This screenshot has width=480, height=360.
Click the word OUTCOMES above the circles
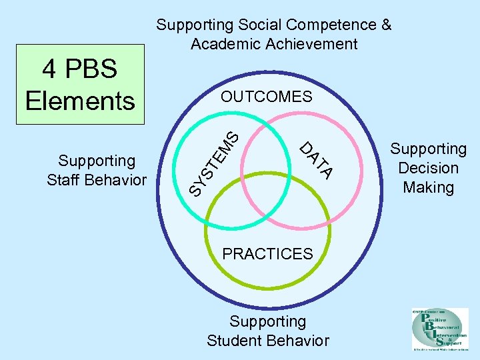(x=267, y=97)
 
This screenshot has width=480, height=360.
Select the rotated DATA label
(x=316, y=161)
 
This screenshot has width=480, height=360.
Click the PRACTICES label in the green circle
(x=267, y=254)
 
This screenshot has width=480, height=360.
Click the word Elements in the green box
(x=80, y=101)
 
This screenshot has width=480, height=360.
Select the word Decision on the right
(x=428, y=168)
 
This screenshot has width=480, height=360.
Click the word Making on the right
(x=428, y=187)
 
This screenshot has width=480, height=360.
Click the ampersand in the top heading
(x=385, y=25)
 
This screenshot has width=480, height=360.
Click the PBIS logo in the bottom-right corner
(x=440, y=329)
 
